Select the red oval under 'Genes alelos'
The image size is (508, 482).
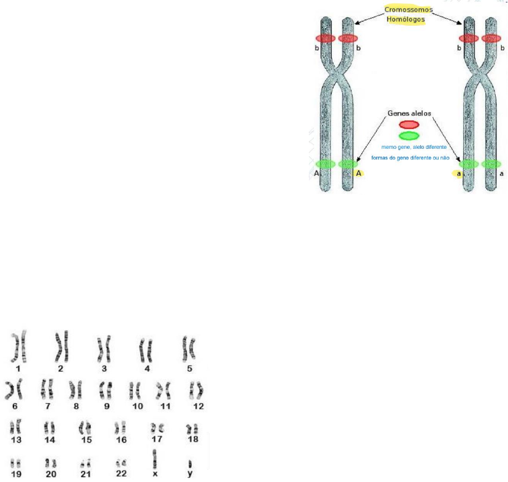409,124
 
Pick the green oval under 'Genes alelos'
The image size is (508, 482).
409,135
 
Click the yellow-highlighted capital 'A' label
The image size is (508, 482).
359,173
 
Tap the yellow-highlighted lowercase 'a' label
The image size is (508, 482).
458,173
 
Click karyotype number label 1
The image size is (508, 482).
18,369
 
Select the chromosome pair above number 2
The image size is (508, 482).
61,346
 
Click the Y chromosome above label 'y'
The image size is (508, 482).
190,463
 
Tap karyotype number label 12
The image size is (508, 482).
198,406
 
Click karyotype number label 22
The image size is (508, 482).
121,473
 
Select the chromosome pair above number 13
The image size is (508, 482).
16,425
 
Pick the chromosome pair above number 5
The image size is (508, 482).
189,348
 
